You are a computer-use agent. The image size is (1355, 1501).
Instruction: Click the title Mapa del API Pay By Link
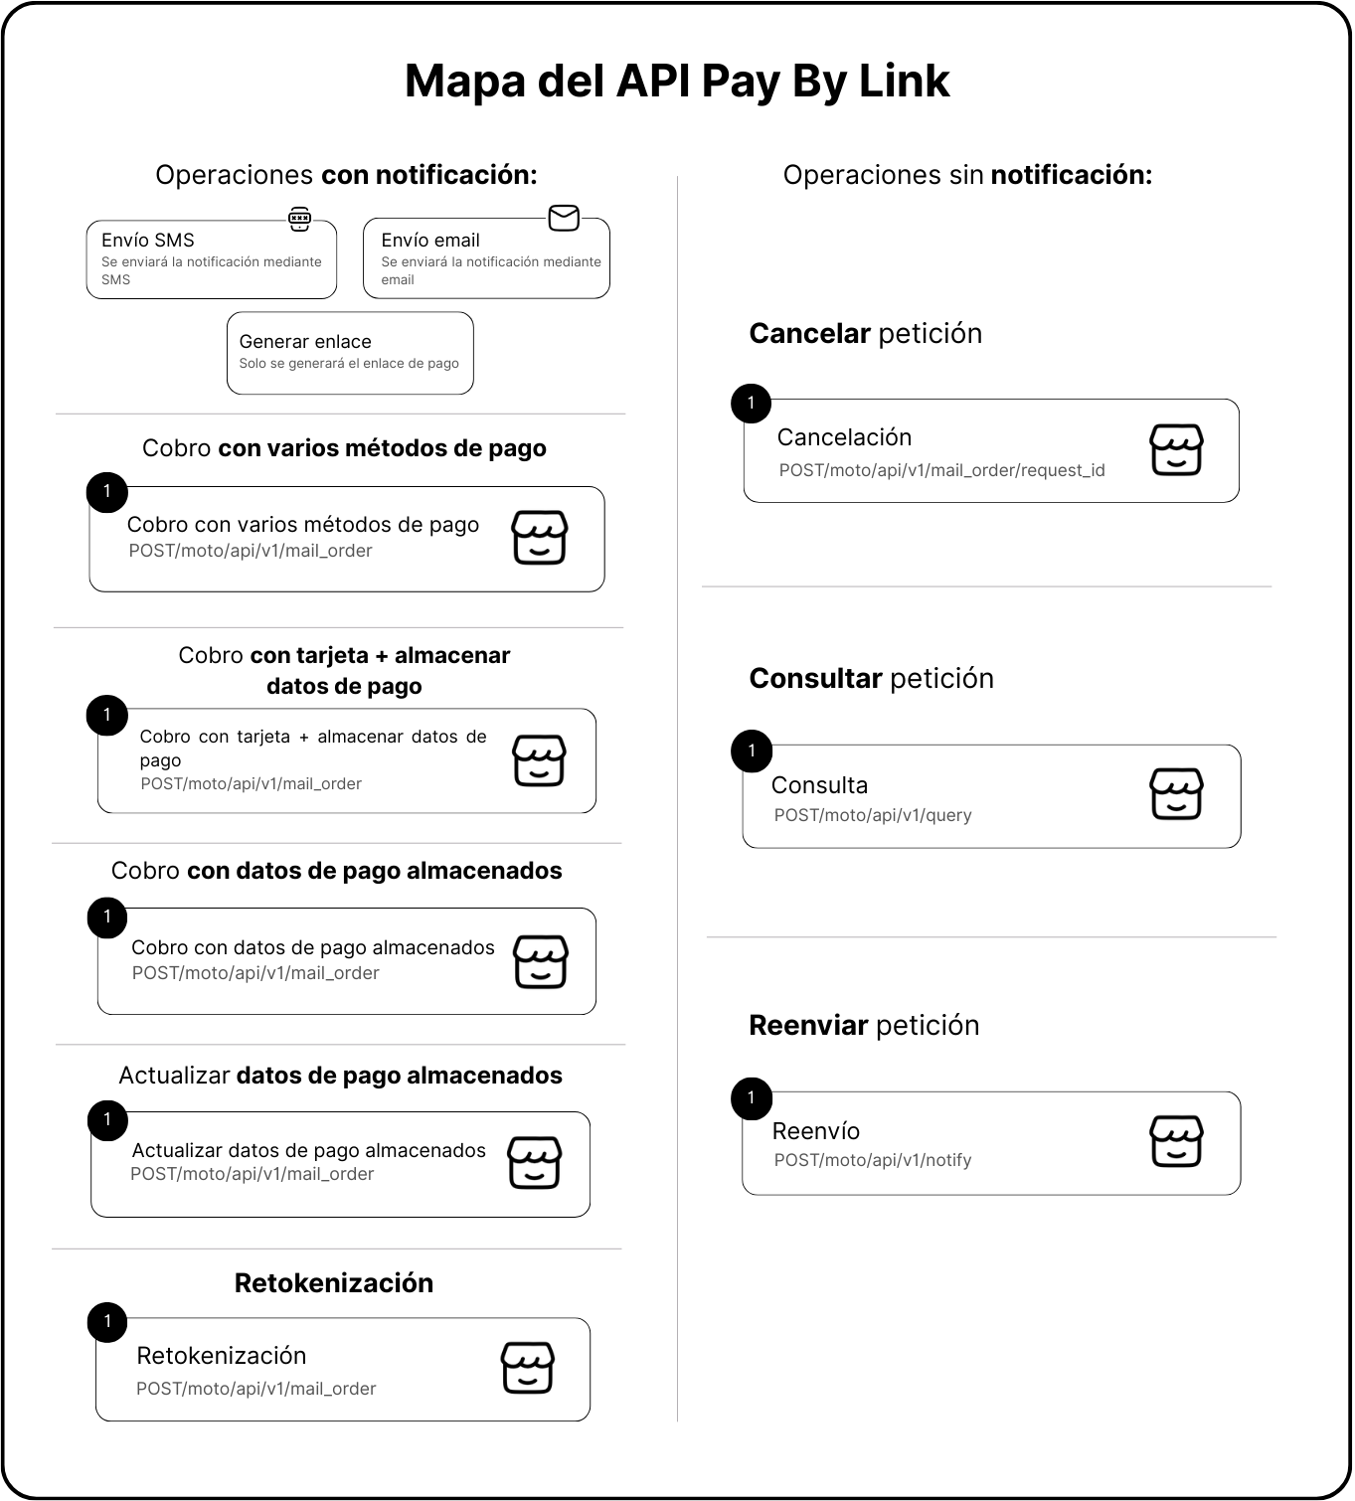coord(677,82)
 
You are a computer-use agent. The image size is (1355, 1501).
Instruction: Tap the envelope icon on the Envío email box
coord(564,218)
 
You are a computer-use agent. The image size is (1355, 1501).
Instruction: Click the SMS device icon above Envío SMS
coord(299,219)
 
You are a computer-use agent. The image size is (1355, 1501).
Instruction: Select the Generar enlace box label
coord(305,341)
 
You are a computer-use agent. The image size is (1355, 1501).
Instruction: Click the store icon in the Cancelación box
coord(1176,449)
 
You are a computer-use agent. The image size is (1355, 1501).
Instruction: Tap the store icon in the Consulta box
coord(1176,793)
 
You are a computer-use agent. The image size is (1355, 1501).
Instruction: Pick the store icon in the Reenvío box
coord(1176,1140)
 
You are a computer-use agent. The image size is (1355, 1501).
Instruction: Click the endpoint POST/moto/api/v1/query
coord(873,815)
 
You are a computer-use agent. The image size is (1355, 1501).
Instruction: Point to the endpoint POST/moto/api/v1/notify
coord(873,1160)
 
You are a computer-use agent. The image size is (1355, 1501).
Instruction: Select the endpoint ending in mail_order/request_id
coord(941,470)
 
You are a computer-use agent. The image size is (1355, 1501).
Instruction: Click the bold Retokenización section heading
coord(334,1282)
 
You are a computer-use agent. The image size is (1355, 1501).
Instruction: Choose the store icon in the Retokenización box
coord(526,1368)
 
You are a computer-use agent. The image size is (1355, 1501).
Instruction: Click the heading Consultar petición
coord(871,678)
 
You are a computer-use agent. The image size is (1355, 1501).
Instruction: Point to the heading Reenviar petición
coord(864,1025)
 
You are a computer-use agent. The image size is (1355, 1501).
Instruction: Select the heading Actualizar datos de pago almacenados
coord(340,1076)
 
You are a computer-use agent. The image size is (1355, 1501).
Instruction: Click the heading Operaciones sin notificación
coord(967,175)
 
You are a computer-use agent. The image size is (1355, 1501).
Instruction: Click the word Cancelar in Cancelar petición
coord(809,333)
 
